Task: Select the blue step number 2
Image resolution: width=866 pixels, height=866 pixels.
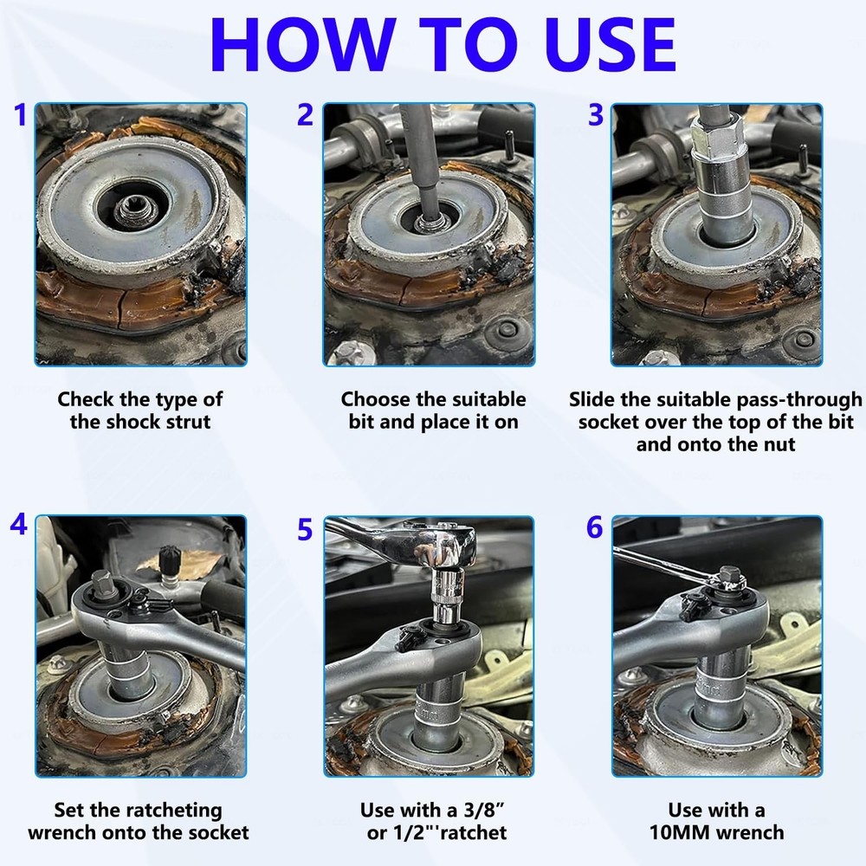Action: click(x=305, y=114)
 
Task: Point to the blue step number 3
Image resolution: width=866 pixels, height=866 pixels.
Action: click(x=596, y=114)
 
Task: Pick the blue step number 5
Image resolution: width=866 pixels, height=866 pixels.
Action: click(x=305, y=528)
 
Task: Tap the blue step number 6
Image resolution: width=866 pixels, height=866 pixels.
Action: click(x=595, y=527)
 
